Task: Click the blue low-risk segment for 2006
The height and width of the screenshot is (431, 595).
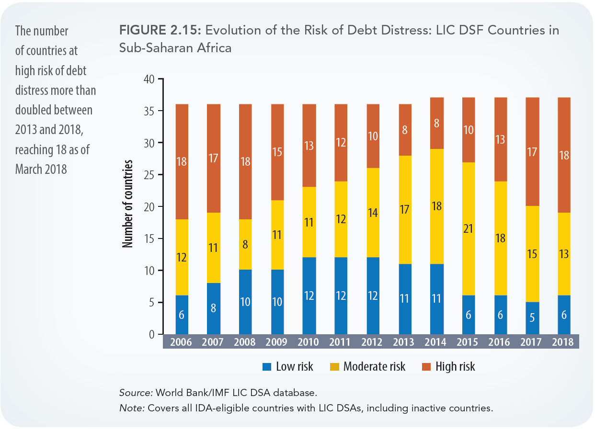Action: [182, 315]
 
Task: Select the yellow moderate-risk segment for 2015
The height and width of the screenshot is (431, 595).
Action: [469, 229]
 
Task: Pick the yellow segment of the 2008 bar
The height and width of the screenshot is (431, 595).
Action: [245, 244]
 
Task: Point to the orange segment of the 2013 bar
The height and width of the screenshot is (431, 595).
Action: [405, 130]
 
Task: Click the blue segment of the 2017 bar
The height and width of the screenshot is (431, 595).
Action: [532, 318]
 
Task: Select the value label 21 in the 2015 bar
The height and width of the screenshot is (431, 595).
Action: [469, 229]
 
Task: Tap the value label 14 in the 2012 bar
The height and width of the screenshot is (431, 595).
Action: [373, 213]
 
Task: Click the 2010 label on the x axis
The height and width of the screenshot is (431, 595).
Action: [309, 342]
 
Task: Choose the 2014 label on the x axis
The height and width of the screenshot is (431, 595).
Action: [436, 342]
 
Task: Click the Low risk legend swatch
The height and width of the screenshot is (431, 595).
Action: [267, 367]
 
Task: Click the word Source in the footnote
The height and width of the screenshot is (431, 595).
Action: [136, 393]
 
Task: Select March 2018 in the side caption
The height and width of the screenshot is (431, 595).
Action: [40, 169]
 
